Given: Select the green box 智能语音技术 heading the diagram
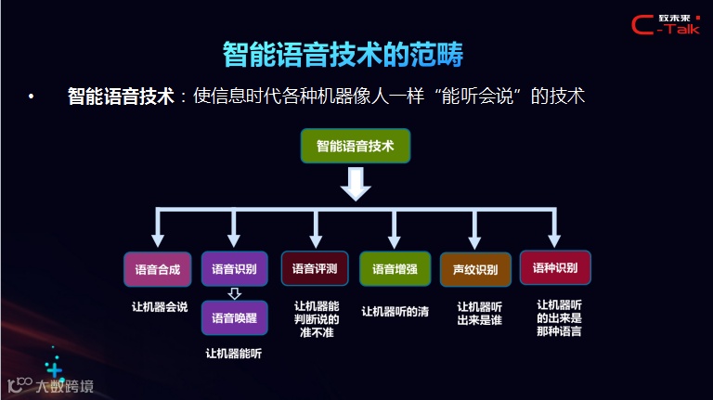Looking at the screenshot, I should click(356, 147).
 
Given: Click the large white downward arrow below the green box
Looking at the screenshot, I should click(356, 186).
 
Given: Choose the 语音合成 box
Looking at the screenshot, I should click(157, 269).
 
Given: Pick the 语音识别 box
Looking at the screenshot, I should click(234, 269).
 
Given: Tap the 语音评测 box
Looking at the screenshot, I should click(315, 269).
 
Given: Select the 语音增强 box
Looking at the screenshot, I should click(395, 269).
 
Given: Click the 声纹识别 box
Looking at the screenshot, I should click(475, 270).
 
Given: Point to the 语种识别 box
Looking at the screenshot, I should click(555, 268).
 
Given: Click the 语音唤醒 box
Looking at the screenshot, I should click(234, 317).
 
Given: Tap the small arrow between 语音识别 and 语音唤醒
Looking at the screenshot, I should click(234, 294).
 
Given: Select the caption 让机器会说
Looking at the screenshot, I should click(159, 307).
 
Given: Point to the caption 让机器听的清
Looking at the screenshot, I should click(395, 312).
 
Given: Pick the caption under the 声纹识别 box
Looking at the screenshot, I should click(480, 313).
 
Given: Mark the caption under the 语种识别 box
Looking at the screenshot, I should click(559, 316).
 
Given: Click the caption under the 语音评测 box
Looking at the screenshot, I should click(317, 318).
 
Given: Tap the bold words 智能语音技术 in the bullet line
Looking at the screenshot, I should click(121, 96).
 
